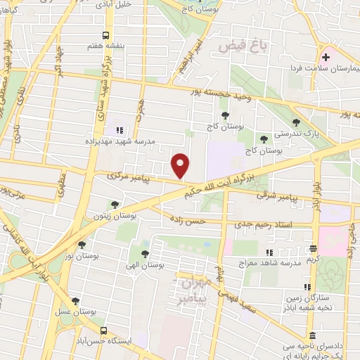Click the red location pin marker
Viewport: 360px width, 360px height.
coord(181,165)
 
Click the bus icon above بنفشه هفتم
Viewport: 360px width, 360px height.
coord(106,34)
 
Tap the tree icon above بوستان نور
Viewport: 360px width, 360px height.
coord(83,245)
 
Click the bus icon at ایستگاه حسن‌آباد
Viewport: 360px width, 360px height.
coord(104,330)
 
